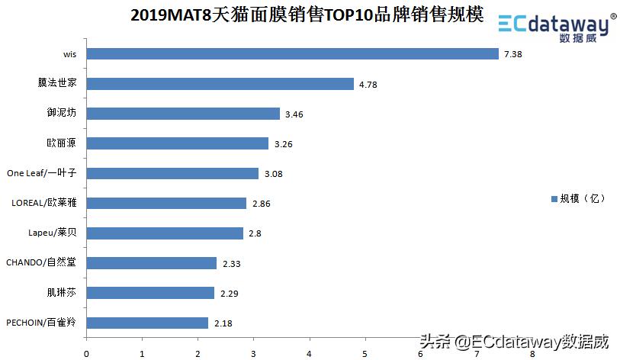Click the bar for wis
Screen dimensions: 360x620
pyautogui.click(x=292, y=53)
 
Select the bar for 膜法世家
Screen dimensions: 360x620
pyautogui.click(x=220, y=83)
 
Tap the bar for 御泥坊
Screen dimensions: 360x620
pyautogui.click(x=183, y=113)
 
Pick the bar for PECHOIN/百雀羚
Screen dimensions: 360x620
pyautogui.click(x=147, y=323)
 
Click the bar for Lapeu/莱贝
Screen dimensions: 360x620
pyautogui.click(x=165, y=233)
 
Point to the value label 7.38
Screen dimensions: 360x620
pyautogui.click(x=512, y=54)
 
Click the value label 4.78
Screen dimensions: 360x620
pyautogui.click(x=368, y=84)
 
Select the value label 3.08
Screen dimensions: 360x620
pyautogui.click(x=273, y=174)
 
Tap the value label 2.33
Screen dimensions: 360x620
pyautogui.click(x=231, y=264)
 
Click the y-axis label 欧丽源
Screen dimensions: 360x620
pyautogui.click(x=62, y=143)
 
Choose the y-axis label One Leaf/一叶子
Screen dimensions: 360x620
pyautogui.click(x=42, y=173)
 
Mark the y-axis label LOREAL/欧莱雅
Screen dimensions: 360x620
pyautogui.click(x=44, y=203)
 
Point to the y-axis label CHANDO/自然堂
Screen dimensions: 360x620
pyautogui.click(x=41, y=262)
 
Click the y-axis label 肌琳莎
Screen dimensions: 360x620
pyautogui.click(x=62, y=292)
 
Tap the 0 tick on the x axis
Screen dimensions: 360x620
pyautogui.click(x=86, y=353)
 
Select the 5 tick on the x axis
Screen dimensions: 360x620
pyautogui.click(x=365, y=353)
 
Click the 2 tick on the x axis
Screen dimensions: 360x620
pyautogui.click(x=198, y=353)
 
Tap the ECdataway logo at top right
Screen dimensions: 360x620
pyautogui.click(x=556, y=25)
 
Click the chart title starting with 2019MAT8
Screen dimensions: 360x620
pyautogui.click(x=307, y=15)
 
